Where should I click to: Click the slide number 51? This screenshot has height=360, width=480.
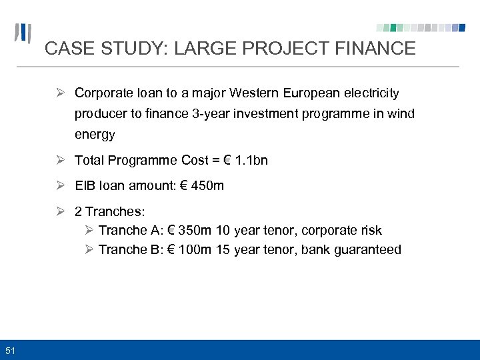[10, 350]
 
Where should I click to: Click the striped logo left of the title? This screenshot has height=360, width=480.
[23, 33]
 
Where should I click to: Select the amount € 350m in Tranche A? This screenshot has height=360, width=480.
[188, 230]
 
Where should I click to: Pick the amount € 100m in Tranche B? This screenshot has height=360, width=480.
[188, 249]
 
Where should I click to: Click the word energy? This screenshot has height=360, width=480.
[95, 135]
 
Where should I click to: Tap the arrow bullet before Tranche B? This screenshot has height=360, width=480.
[89, 249]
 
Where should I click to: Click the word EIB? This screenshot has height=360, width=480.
[85, 185]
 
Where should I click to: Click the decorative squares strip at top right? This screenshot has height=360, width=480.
[421, 28]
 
